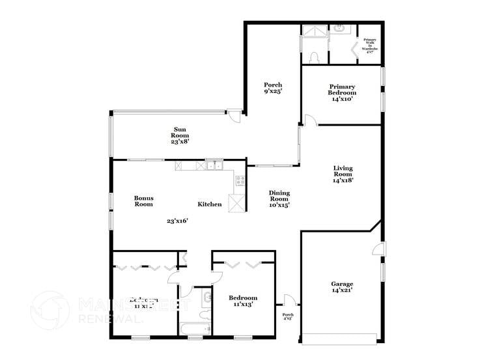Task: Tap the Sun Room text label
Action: (x=180, y=135)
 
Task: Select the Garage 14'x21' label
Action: (x=342, y=287)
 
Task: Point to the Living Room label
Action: (x=343, y=174)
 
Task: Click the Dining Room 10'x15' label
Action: (x=279, y=199)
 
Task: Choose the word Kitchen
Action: (x=210, y=204)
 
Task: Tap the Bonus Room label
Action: (x=143, y=201)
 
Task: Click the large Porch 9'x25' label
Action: (x=272, y=89)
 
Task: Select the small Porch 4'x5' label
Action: (x=288, y=316)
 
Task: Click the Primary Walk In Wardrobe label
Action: (x=370, y=46)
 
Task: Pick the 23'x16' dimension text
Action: (x=177, y=221)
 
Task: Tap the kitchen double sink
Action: (x=214, y=165)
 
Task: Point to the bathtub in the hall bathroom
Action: (x=193, y=329)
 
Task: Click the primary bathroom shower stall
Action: (x=313, y=32)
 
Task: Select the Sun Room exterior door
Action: (x=234, y=115)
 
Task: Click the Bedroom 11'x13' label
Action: (x=242, y=300)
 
